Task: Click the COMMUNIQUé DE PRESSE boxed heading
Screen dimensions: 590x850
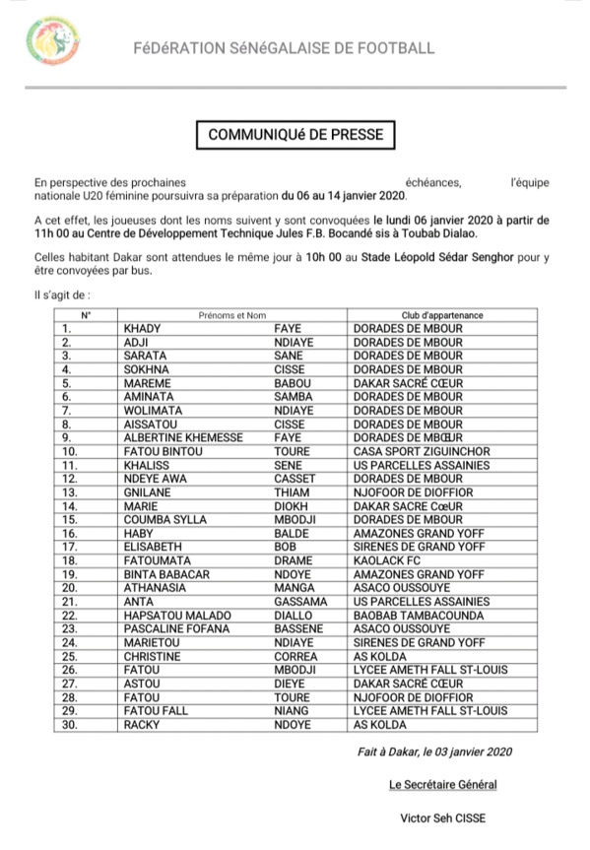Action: [295, 134]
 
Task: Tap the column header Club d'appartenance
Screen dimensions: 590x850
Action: [441, 315]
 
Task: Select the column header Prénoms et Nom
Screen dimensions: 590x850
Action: [232, 315]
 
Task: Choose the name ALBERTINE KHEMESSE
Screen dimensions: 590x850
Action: [181, 438]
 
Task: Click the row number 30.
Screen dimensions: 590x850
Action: [70, 725]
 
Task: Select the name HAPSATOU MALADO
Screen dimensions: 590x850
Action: [176, 616]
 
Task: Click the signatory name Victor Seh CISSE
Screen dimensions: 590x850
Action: [442, 818]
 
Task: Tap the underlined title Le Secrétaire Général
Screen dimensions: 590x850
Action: [442, 785]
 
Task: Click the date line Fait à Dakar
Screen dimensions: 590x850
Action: [434, 752]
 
